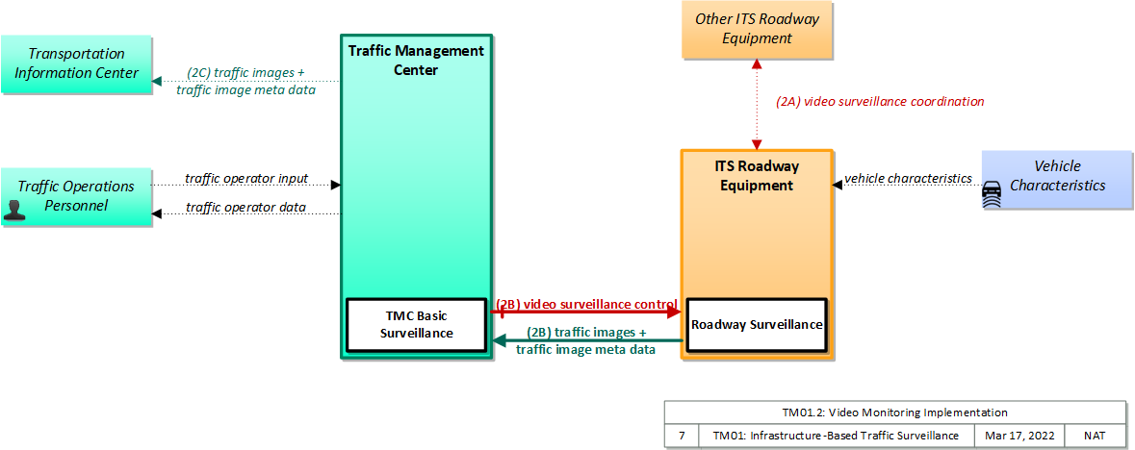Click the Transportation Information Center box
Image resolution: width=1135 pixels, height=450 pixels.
click(x=76, y=63)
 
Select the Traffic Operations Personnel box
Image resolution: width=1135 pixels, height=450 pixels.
click(x=76, y=197)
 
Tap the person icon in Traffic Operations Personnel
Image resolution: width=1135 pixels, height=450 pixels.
click(x=14, y=211)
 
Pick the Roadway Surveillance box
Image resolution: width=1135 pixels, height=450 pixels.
click(x=757, y=325)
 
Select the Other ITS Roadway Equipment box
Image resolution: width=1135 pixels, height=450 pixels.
click(x=758, y=30)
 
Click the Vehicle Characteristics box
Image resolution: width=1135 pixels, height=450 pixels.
click(x=1057, y=180)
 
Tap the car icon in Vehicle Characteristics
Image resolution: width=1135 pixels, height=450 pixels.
click(x=992, y=195)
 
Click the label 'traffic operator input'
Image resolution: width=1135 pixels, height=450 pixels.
click(x=246, y=178)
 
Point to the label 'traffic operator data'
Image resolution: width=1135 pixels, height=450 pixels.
click(x=246, y=208)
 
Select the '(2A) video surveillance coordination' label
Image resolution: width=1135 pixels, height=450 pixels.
click(x=880, y=102)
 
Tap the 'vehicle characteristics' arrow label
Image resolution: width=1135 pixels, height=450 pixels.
click(x=908, y=179)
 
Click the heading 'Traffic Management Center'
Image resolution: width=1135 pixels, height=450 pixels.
click(x=416, y=61)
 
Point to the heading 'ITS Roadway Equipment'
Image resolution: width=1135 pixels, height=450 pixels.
click(x=758, y=176)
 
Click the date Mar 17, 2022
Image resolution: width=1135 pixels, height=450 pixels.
click(x=1019, y=436)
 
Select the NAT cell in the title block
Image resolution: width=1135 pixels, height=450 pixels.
click(x=1095, y=436)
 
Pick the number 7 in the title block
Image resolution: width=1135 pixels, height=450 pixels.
click(x=682, y=436)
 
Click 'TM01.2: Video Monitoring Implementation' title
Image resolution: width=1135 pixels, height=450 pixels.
click(x=894, y=412)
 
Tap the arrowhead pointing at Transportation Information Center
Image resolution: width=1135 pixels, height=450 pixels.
click(x=156, y=82)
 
